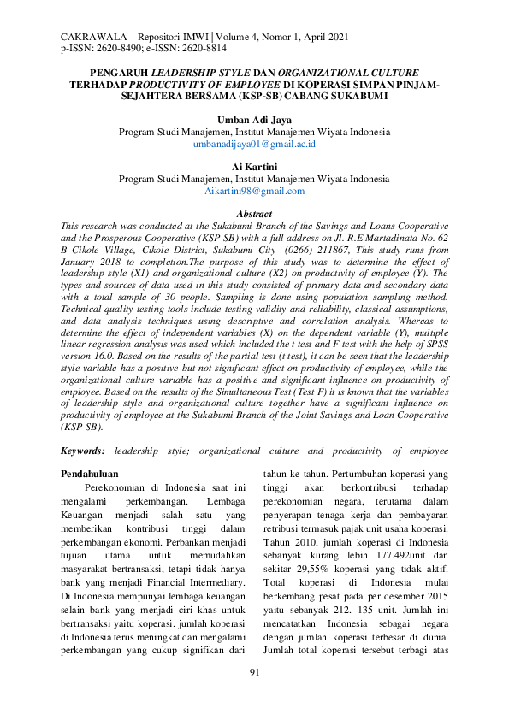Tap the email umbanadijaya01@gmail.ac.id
(254, 145)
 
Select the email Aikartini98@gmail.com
(254, 191)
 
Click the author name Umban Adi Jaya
(254, 121)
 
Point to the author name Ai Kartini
(254, 167)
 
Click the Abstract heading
(254, 214)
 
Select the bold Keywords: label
(83, 450)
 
